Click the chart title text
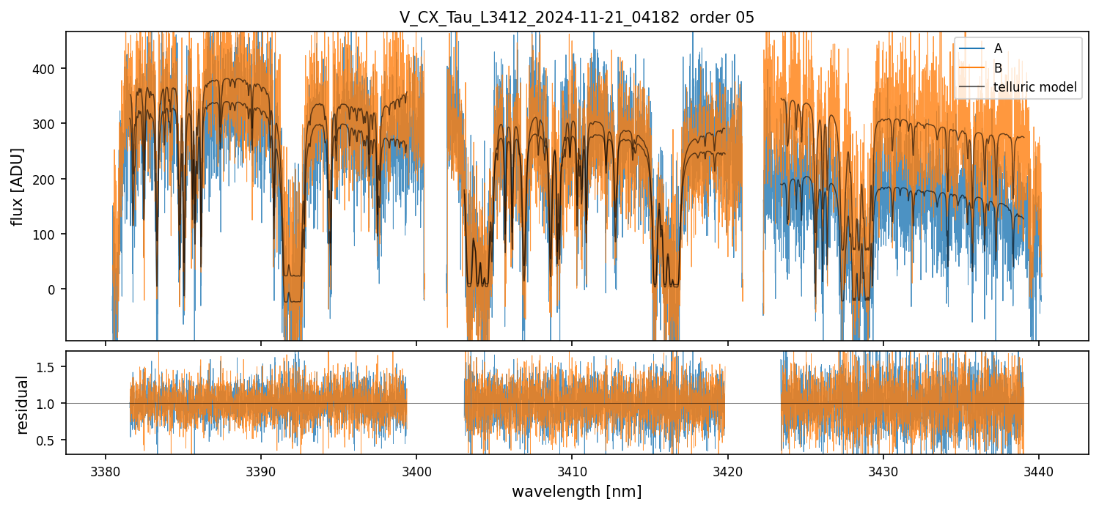point(576,18)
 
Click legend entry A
point(998,48)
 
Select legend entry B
point(998,68)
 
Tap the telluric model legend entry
point(1034,87)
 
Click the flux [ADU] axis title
point(17,186)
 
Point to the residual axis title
point(23,404)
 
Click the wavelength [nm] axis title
point(576,492)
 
